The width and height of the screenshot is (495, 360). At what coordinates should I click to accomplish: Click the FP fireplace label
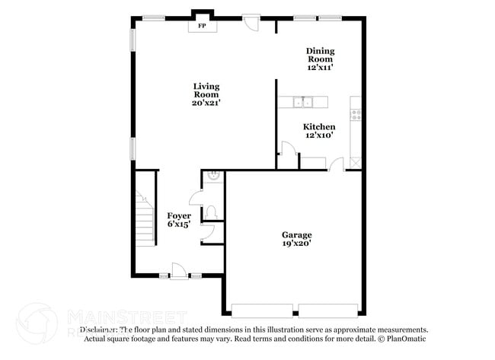pos(202,26)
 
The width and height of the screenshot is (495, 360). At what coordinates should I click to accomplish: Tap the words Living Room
pos(206,90)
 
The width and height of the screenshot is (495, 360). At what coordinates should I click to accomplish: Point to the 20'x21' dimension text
pos(206,103)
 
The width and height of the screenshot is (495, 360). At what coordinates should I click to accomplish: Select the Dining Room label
pos(320,55)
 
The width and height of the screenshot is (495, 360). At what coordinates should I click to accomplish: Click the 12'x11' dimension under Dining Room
pos(320,67)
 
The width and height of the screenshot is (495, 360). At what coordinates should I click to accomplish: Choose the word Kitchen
pos(319,126)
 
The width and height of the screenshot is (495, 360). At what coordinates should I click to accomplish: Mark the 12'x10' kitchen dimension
pos(319,135)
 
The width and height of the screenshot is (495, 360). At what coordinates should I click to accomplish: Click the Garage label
pos(297,234)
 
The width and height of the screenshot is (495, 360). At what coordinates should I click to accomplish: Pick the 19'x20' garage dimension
pos(297,244)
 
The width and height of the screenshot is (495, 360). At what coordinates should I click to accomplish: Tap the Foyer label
pos(179,216)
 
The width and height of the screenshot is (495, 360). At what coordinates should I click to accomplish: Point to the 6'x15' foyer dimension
pos(179,225)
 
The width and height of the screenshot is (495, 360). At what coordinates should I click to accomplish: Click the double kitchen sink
pos(304,101)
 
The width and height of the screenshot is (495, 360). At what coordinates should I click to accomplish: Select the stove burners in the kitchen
pos(355,115)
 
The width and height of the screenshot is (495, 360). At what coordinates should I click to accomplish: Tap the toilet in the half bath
pos(212,211)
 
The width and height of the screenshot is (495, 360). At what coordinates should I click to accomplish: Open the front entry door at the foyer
pos(177,269)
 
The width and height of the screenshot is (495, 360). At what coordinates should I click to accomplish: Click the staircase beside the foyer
pos(144,217)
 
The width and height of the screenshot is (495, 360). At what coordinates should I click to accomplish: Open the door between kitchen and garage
pos(334,164)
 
